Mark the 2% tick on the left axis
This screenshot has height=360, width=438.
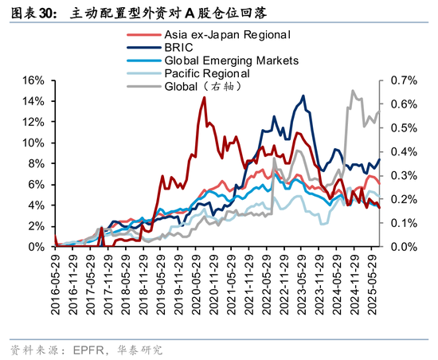point(34,226)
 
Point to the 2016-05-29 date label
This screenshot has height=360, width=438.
point(55,280)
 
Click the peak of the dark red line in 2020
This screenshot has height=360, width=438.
point(204,97)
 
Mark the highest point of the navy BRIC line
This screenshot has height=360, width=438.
point(303,96)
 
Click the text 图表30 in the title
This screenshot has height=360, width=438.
point(31,13)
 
